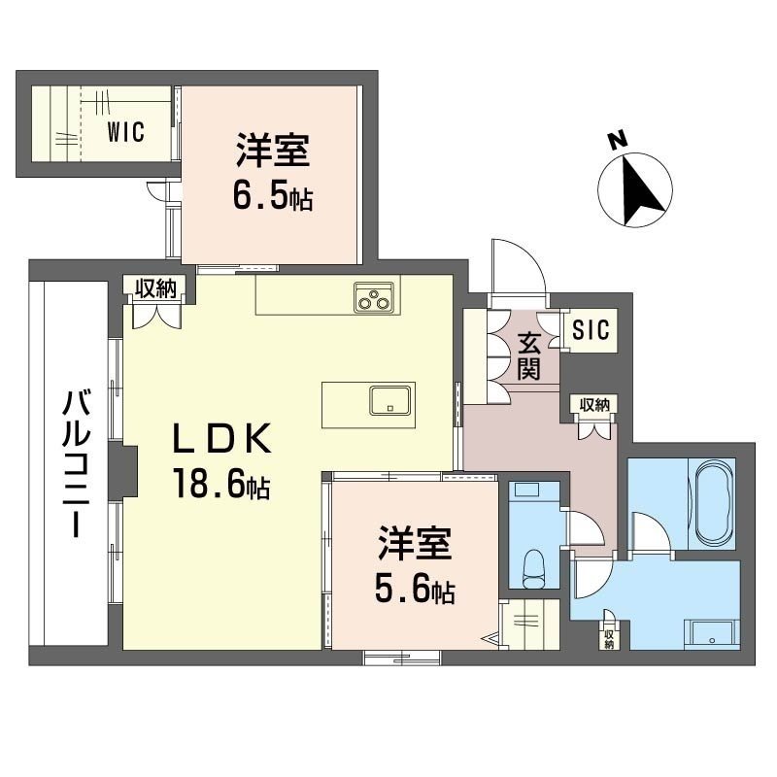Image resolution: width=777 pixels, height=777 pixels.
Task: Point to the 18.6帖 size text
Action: coord(220,483)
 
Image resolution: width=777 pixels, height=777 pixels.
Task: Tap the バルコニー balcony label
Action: coord(70,464)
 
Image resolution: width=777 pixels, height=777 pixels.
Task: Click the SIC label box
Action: coord(590,330)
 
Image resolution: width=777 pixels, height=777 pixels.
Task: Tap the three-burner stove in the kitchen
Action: coord(374,299)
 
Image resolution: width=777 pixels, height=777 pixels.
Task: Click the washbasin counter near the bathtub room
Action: coord(713,634)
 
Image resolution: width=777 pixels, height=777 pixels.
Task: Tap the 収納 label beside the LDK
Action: coord(152,287)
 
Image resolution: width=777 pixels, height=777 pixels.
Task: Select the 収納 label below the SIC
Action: coord(591,405)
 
